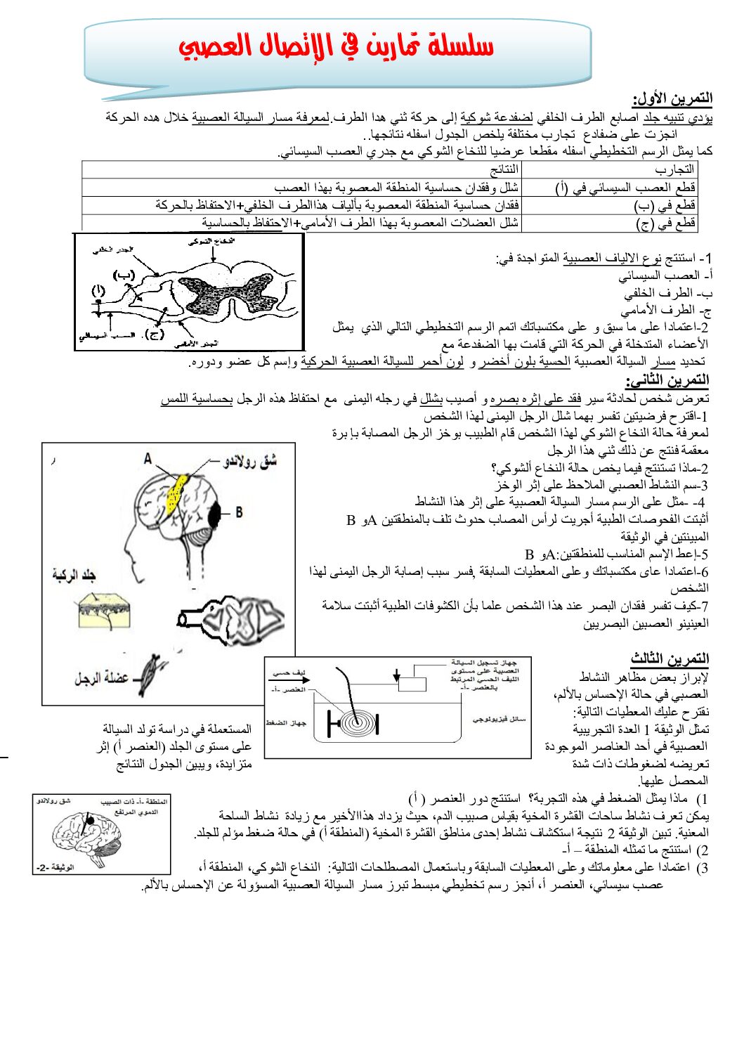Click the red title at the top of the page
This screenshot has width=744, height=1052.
point(336,46)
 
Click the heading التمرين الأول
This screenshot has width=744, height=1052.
point(672,98)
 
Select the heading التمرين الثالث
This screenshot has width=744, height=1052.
point(670,658)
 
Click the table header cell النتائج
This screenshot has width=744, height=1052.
point(504,169)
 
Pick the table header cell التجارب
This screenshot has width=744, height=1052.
point(674,169)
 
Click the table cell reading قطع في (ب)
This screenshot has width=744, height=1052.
point(664,206)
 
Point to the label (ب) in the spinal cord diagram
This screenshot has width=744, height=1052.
point(124,275)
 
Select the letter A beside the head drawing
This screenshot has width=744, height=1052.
point(148,459)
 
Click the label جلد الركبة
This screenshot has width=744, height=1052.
point(73,576)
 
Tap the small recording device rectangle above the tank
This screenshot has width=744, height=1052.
point(414,684)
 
